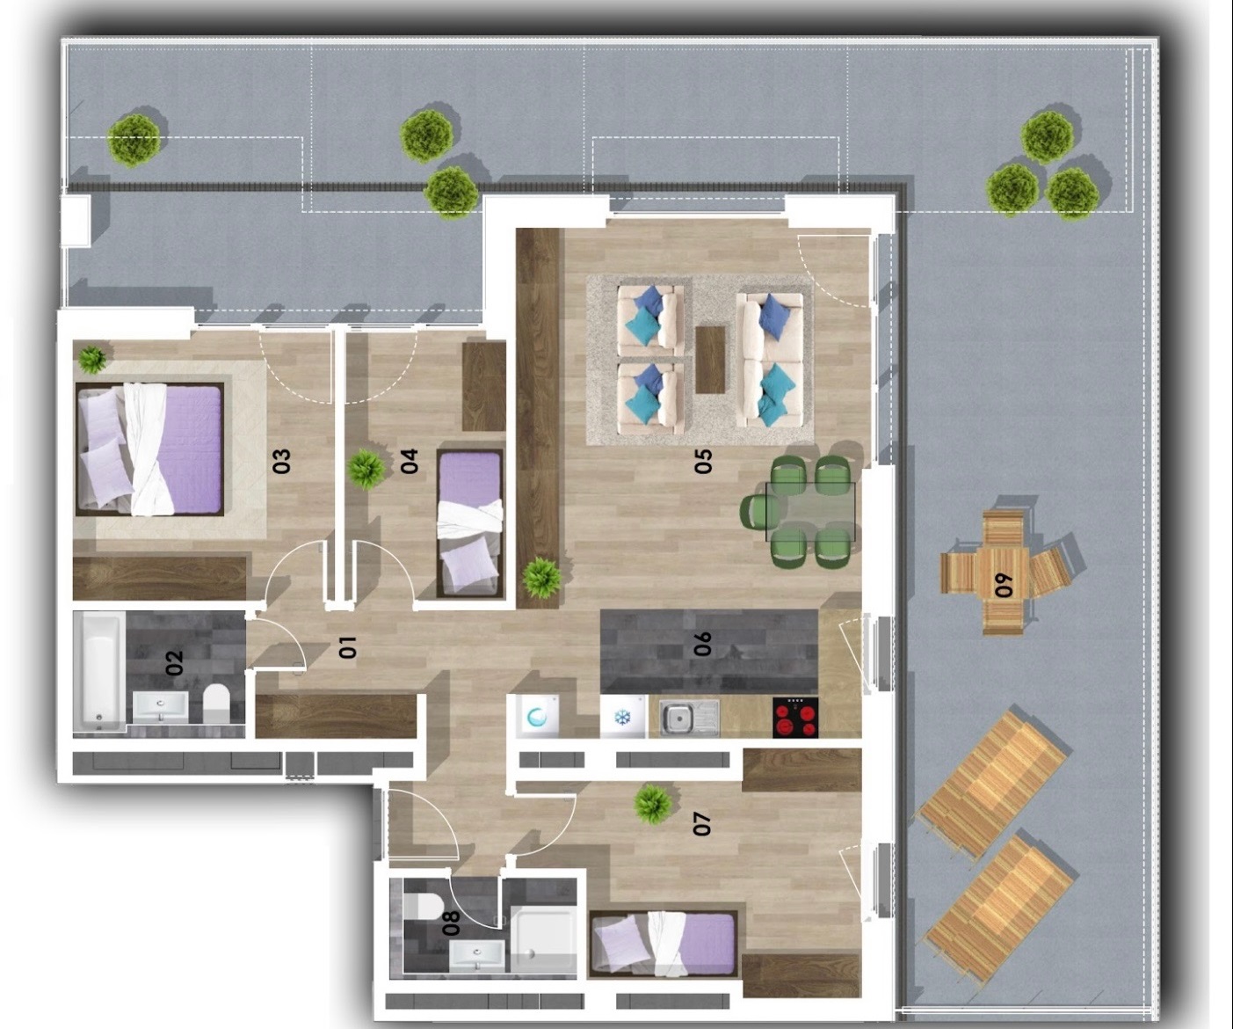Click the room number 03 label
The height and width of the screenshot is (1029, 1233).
[x=282, y=461]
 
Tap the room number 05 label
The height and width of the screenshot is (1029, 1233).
[x=703, y=461]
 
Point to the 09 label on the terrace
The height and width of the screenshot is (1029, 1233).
[x=1005, y=585]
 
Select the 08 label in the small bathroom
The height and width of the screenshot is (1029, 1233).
[x=452, y=923]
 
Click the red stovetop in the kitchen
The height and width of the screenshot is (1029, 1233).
[x=795, y=718]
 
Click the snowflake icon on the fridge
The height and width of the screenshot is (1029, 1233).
[x=622, y=719]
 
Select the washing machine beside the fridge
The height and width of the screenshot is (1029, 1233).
[x=537, y=716]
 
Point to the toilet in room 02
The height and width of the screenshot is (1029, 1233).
[x=216, y=704]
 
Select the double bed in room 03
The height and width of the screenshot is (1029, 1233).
[x=150, y=449]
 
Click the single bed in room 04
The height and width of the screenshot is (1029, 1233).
[x=470, y=523]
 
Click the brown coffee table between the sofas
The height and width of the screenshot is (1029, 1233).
[x=710, y=360]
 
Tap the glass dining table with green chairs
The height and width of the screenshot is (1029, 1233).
[x=810, y=512]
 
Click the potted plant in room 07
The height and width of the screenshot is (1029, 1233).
[x=652, y=805]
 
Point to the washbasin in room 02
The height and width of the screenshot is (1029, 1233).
[x=161, y=707]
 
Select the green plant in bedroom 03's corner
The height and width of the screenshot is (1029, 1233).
[x=92, y=359]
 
